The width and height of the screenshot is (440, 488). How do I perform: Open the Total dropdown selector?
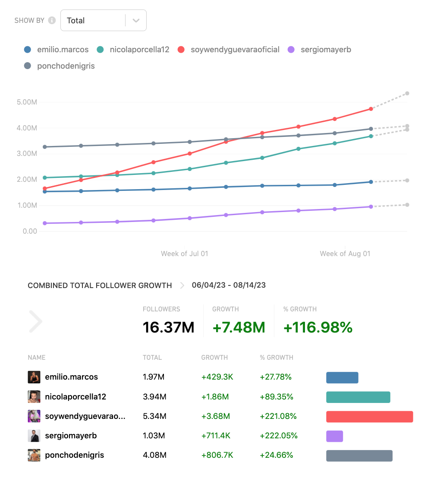(x=103, y=20)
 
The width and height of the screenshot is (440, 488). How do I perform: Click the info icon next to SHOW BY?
(x=52, y=20)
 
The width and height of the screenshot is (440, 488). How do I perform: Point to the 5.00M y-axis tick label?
(x=27, y=102)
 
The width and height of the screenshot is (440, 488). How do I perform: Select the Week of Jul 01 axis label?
(x=184, y=254)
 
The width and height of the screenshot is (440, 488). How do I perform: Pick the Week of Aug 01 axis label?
(x=345, y=254)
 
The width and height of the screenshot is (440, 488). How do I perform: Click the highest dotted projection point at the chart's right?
(x=407, y=93)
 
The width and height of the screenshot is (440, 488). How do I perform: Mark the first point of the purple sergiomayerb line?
(x=45, y=223)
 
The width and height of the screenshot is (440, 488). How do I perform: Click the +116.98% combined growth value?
(x=318, y=327)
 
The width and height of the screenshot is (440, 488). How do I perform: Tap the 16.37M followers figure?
(x=168, y=327)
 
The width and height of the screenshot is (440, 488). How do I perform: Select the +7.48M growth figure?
(x=239, y=327)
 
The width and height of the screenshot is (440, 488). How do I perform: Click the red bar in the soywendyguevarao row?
(x=369, y=416)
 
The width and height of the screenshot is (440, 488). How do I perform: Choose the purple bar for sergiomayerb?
(x=334, y=436)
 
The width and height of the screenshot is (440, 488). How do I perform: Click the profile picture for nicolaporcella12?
(x=34, y=396)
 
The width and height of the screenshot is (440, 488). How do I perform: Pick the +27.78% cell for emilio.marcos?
(x=276, y=377)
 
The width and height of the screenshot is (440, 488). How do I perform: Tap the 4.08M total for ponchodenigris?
(x=154, y=455)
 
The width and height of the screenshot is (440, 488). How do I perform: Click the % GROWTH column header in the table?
(x=276, y=358)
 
